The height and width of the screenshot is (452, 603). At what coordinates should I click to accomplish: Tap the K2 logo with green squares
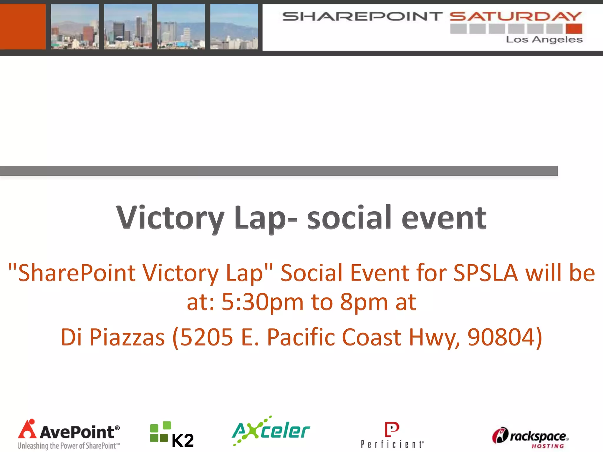click(172, 434)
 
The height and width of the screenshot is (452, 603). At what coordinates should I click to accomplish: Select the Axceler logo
click(271, 431)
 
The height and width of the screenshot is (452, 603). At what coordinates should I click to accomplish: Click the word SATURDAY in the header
click(516, 16)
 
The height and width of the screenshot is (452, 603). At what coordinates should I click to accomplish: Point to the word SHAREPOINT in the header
click(362, 16)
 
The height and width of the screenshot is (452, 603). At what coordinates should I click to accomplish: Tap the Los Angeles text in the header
click(544, 39)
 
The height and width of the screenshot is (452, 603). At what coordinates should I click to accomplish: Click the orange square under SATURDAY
click(574, 29)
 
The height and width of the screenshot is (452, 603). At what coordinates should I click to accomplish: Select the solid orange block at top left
click(23, 26)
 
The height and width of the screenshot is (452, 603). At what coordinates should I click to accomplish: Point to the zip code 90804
click(501, 337)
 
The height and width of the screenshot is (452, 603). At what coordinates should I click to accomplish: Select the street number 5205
click(206, 337)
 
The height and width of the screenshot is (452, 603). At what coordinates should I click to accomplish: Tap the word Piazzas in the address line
click(127, 337)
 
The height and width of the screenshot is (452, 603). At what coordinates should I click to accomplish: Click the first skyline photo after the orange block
click(75, 26)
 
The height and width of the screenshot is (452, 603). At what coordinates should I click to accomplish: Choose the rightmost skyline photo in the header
click(234, 26)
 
